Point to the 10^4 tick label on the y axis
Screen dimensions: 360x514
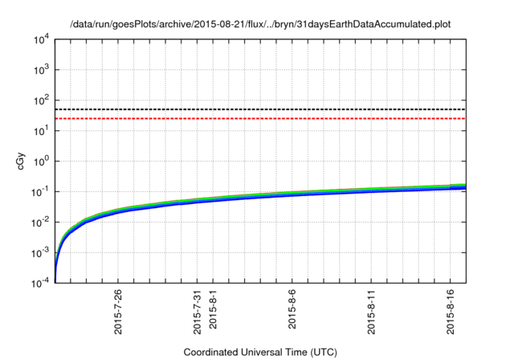40,39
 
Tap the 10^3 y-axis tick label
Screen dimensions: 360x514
40,69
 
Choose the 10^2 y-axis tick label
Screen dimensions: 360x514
40,100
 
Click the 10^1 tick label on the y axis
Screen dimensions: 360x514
40,130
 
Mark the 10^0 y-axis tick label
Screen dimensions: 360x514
40,161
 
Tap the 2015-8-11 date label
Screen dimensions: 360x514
371,310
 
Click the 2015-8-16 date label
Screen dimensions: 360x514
451,310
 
